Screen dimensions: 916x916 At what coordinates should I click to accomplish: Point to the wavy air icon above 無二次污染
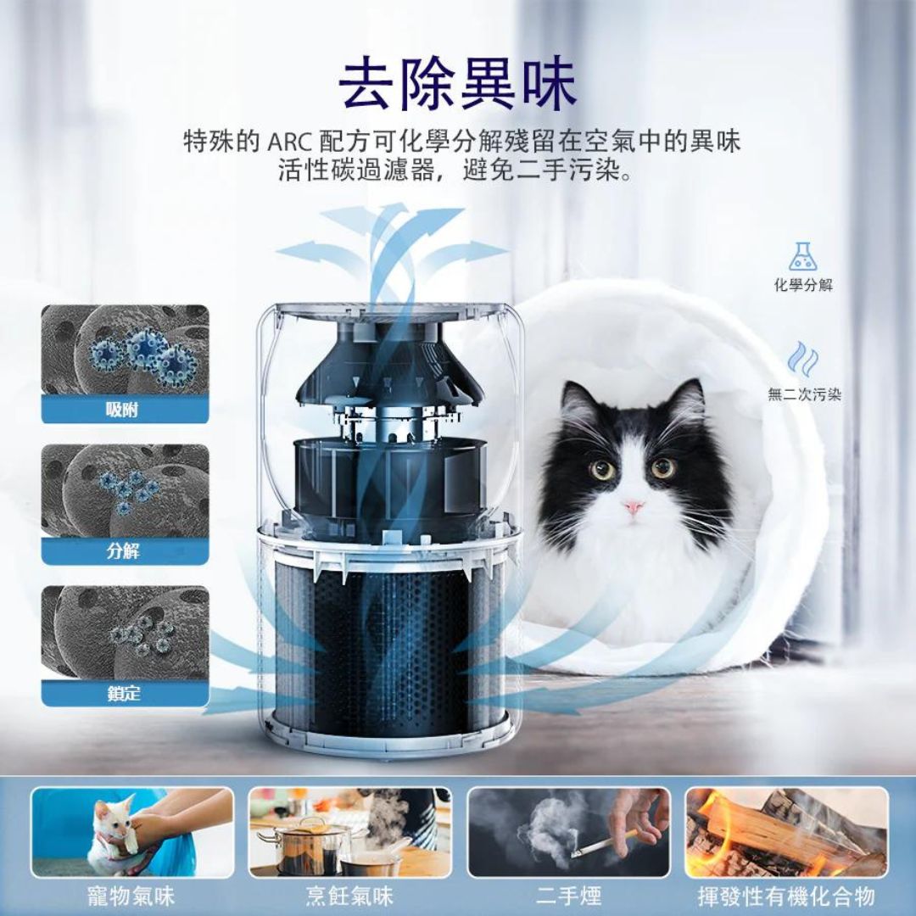click(802, 359)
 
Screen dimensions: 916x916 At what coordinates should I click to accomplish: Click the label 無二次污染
click(804, 394)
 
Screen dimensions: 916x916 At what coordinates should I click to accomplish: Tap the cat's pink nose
click(633, 507)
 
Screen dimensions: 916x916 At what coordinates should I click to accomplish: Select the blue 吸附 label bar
click(125, 411)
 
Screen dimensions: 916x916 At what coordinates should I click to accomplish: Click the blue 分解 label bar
click(125, 551)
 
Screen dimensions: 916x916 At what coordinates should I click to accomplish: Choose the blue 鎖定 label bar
click(125, 693)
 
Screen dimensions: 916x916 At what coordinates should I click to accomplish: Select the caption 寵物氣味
click(131, 896)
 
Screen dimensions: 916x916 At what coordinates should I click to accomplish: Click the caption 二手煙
click(568, 896)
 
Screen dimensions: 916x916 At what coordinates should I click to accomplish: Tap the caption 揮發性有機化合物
click(786, 896)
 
